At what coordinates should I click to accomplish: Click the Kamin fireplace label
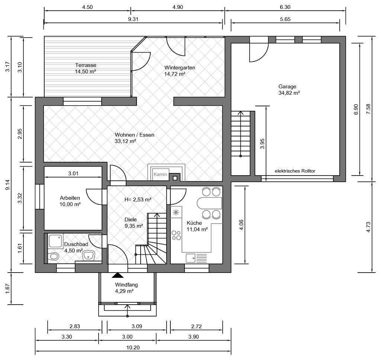[160, 174]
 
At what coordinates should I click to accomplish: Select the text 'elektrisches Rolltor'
[295, 171]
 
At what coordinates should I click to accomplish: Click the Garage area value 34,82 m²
[289, 93]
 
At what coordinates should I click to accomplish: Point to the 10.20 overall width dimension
[133, 348]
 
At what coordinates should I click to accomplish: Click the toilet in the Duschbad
[54, 256]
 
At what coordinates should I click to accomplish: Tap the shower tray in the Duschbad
[55, 241]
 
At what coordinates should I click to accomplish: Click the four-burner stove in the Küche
[176, 235]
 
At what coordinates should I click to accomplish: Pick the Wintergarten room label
[180, 68]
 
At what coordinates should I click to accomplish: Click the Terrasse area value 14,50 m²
[85, 72]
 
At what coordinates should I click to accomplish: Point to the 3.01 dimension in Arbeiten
[73, 173]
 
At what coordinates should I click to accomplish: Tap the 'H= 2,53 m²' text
[138, 200]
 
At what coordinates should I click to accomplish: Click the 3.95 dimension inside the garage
[262, 144]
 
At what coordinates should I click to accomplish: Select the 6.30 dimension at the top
[285, 7]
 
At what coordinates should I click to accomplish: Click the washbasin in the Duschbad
[89, 255]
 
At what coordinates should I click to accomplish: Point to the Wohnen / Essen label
[134, 135]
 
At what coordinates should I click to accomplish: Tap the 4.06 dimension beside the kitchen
[241, 225]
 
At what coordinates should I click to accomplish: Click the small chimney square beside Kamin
[175, 178]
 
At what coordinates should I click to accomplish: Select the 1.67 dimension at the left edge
[7, 289]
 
